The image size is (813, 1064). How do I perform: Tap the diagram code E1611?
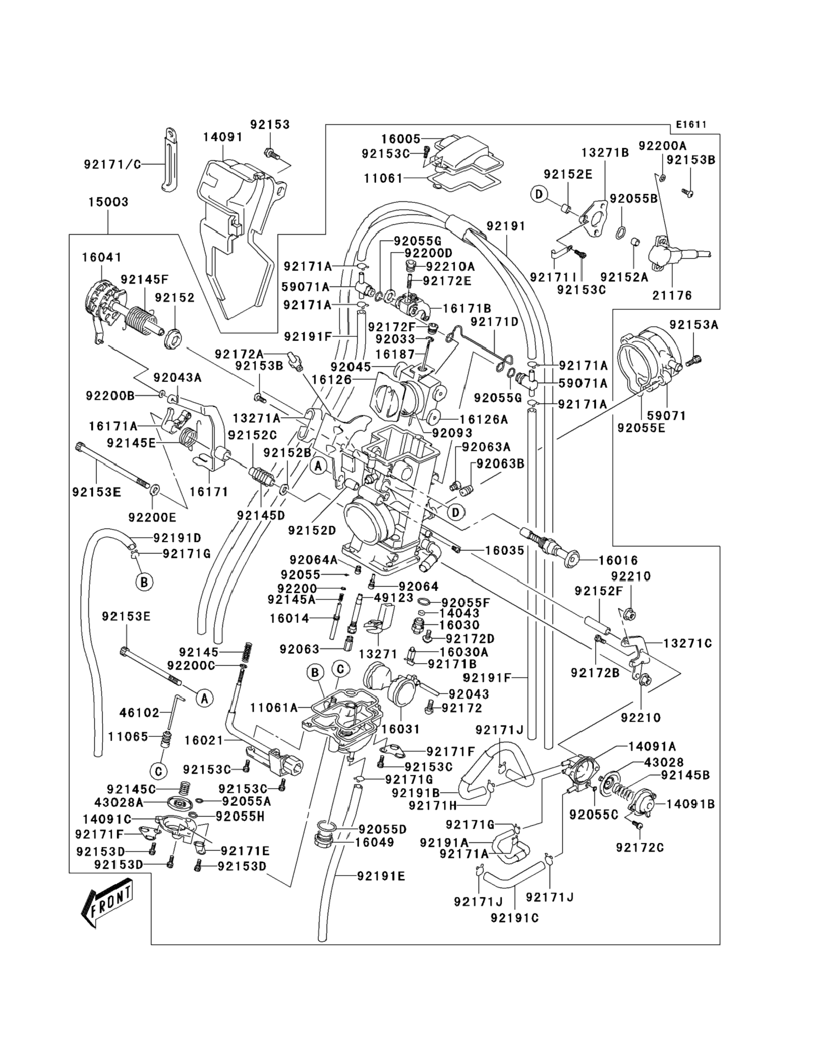[691, 124]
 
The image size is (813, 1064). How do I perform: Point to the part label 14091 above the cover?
[223, 137]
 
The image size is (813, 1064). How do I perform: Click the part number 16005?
[401, 139]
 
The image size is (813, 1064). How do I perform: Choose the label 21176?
[672, 295]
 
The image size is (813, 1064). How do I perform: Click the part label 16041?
[102, 257]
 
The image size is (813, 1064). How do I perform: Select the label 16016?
[618, 560]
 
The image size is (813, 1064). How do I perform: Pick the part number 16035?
[505, 550]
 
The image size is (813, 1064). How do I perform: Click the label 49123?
[394, 598]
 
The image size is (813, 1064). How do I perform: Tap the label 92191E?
[381, 876]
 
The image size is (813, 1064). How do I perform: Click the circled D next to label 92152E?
[539, 194]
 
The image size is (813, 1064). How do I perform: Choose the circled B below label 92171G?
[144, 582]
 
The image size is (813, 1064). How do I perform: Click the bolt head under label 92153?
[269, 153]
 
